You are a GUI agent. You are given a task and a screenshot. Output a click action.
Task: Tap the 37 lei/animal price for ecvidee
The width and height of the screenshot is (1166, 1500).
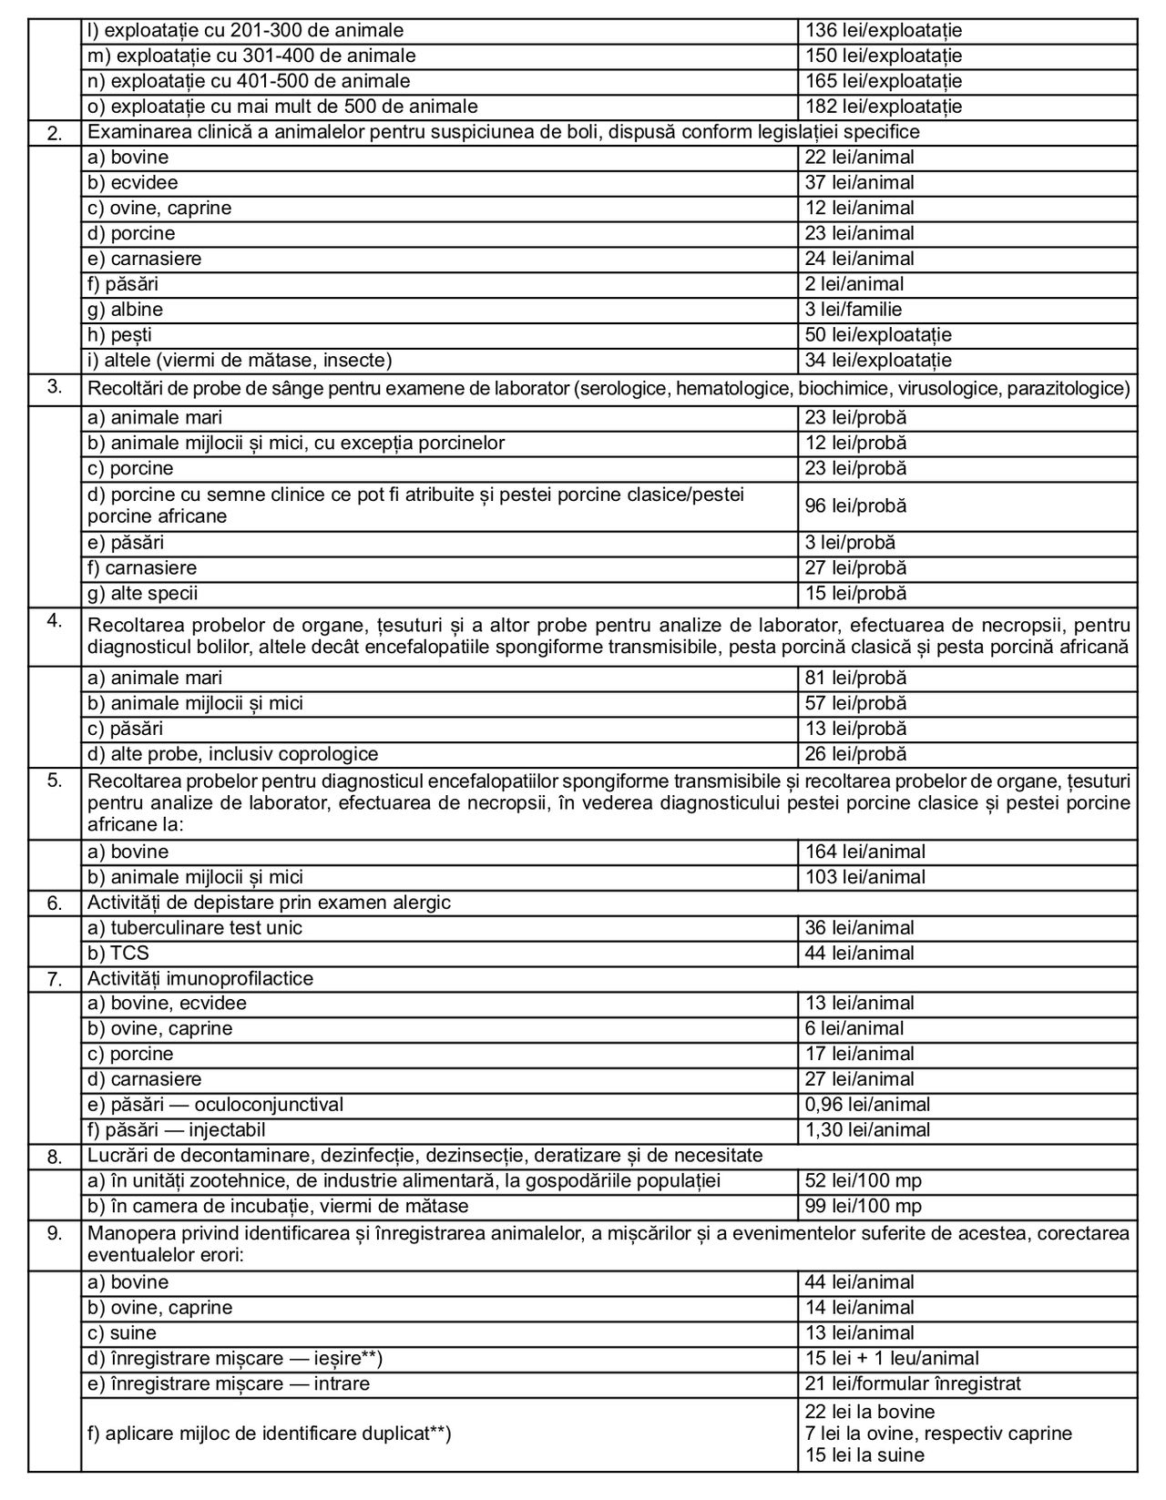coord(859,183)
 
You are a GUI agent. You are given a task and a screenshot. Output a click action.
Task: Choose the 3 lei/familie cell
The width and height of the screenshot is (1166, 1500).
coord(854,310)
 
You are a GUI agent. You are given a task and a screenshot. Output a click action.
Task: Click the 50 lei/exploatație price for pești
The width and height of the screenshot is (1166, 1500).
coord(878,335)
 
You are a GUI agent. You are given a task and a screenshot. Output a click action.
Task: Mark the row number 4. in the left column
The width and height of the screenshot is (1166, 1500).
coord(55,621)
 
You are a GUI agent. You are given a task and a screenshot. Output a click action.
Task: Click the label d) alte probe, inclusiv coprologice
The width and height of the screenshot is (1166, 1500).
coord(232,755)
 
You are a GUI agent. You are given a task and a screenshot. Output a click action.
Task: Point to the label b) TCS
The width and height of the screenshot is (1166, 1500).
coord(118,954)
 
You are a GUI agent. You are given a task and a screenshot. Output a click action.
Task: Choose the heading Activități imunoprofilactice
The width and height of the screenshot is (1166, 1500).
coord(200,979)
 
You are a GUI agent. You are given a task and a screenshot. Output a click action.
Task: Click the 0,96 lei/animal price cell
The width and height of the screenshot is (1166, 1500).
coord(867,1105)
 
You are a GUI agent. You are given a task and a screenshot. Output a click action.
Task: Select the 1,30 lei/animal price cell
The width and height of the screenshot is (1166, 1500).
coord(867,1130)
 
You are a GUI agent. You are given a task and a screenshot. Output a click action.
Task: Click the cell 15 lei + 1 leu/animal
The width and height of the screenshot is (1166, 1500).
coord(892,1359)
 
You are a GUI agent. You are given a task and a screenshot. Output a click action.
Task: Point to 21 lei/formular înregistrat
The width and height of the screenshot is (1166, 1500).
coord(912,1384)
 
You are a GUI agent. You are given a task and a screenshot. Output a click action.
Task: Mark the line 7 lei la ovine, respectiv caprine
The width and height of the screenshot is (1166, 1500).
coord(938,1434)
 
